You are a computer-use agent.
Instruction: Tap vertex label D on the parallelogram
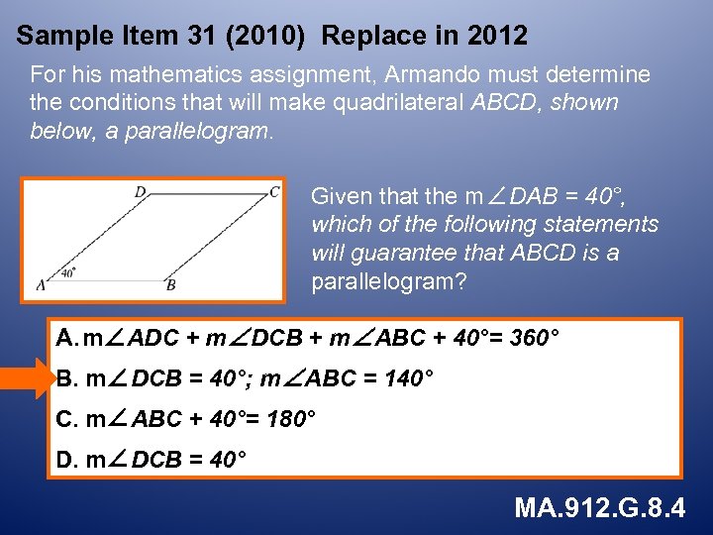pos(140,192)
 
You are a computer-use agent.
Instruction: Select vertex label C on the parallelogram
pos(274,192)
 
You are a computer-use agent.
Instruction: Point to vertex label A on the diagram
pos(41,284)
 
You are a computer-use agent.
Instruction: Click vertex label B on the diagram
pos(170,285)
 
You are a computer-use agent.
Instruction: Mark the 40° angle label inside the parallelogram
pos(68,271)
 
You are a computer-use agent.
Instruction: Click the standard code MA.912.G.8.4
pos(599,509)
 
